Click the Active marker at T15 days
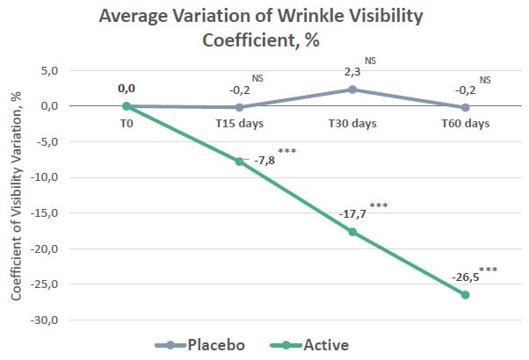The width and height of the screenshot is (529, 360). [239, 162]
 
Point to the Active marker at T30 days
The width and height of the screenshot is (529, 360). [352, 232]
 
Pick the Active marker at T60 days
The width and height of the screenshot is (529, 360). [466, 294]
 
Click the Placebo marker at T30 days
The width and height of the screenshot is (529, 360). [352, 90]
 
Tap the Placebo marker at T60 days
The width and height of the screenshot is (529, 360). [466, 107]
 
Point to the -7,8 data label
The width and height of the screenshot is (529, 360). [263, 161]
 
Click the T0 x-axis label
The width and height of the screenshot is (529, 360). [126, 123]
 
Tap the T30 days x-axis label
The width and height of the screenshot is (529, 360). [352, 123]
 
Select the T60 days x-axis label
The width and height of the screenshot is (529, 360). [466, 123]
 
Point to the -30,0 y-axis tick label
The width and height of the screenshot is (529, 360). [45, 320]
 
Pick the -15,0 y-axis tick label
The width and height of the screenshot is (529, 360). [45, 213]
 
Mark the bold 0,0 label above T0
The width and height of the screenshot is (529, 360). [127, 89]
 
